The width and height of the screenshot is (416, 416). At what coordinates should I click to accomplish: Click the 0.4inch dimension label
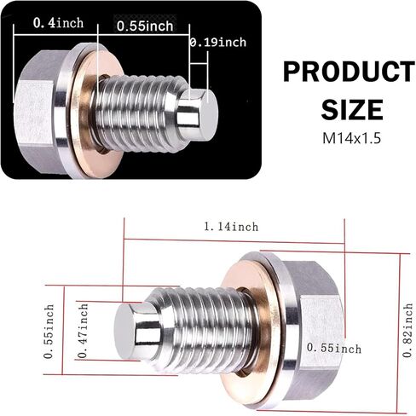[x=58, y=23]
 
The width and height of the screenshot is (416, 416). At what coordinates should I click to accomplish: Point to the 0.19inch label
[x=219, y=42]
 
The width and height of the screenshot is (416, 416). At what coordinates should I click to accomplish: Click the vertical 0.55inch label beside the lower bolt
[x=50, y=327]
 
